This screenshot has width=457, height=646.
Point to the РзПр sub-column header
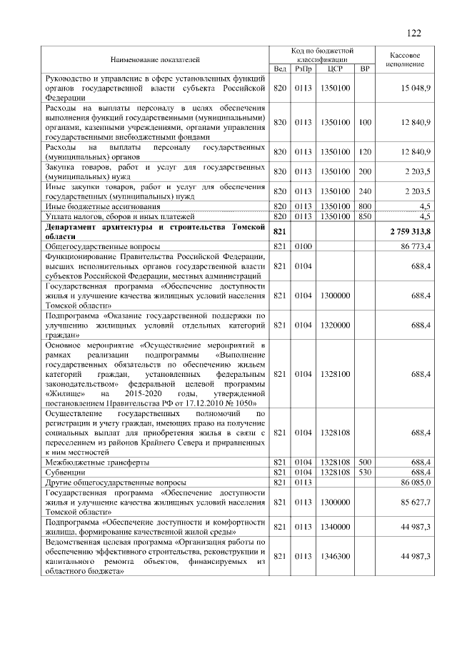[304, 69]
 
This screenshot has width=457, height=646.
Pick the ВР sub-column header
[365, 69]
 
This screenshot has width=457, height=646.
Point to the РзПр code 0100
[304, 246]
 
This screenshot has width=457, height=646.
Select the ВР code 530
[365, 472]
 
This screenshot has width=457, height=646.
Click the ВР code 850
[365, 216]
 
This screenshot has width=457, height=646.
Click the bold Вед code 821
[279, 233]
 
